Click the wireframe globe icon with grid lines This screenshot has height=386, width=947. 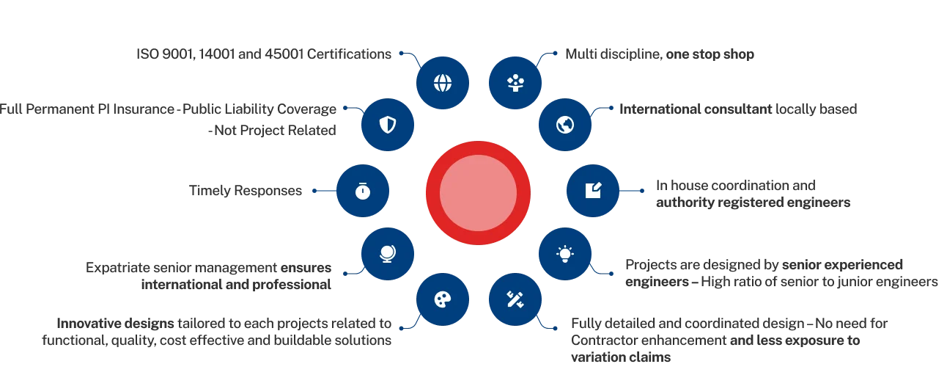[443, 82]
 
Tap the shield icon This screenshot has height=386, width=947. [387, 125]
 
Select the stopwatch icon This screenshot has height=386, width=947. [362, 191]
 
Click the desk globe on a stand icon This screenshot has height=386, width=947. [387, 254]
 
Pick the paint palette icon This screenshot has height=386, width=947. [443, 299]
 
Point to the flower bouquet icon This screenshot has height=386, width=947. [515, 82]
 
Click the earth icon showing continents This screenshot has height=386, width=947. [564, 125]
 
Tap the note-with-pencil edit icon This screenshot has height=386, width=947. [592, 191]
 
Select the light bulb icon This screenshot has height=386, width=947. [564, 254]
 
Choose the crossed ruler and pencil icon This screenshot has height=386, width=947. [515, 299]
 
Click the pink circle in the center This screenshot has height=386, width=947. [478, 193]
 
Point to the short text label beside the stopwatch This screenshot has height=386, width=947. [246, 192]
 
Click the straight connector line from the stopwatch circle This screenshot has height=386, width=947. [323, 191]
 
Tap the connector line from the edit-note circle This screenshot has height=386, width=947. [633, 191]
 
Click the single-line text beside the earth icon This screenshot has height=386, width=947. [738, 111]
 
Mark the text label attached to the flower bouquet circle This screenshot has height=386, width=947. [663, 55]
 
